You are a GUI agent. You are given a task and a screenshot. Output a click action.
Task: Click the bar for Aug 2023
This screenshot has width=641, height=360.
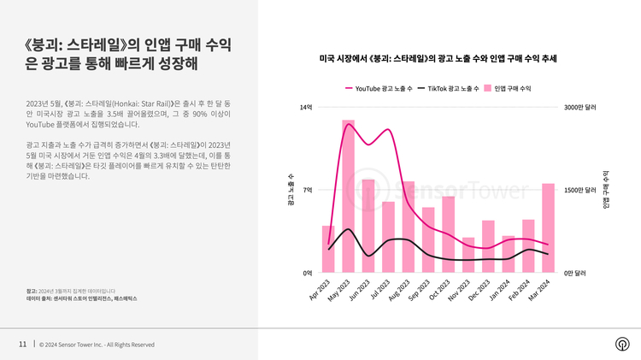408,227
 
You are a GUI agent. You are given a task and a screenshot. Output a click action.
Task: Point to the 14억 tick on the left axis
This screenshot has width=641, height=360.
306,108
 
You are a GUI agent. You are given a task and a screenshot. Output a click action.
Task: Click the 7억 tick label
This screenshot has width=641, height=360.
308,190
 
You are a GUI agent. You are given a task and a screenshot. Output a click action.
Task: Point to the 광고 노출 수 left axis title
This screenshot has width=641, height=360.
291,195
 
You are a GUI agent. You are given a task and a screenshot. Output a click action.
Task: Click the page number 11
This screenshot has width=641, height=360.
22,345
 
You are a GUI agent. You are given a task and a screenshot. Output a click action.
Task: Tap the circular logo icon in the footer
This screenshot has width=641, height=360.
621,345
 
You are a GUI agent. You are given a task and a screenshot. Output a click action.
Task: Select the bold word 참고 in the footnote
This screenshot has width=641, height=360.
32,291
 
